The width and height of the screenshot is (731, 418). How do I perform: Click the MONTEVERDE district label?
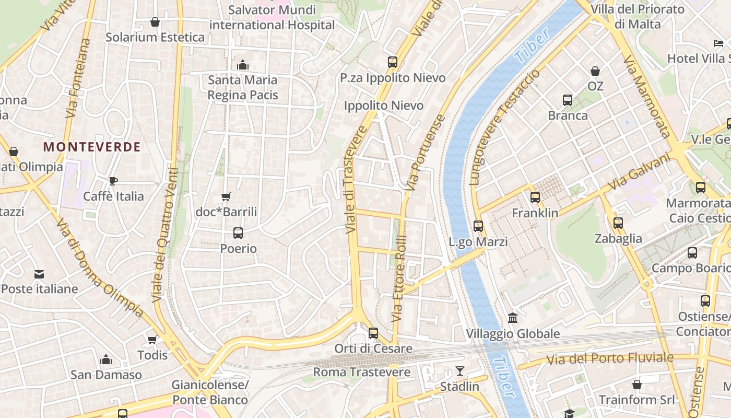[92, 147]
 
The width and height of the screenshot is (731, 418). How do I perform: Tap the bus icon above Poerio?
[238, 233]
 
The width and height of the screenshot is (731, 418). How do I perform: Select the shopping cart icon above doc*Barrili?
[226, 197]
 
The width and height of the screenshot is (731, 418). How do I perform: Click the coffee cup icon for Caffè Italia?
[113, 181]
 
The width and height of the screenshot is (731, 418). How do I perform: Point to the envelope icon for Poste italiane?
[39, 274]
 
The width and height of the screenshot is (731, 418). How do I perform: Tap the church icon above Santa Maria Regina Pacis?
[242, 65]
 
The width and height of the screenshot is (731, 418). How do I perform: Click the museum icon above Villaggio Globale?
[512, 318]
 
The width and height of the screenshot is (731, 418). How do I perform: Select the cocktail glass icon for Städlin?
[459, 371]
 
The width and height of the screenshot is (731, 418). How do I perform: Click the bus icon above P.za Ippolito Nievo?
[393, 62]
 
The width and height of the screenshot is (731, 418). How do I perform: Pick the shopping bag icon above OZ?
[595, 71]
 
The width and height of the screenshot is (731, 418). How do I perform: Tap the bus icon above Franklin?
[535, 198]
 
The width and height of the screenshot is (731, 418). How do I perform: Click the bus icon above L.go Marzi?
[478, 226]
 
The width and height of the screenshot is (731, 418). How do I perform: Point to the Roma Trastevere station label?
[361, 373]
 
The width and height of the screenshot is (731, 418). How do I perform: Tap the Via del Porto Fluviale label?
[610, 358]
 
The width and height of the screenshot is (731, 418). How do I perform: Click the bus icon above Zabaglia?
[618, 223]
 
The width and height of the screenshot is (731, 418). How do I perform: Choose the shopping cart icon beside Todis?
[152, 340]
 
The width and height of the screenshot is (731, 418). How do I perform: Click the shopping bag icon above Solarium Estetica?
[155, 22]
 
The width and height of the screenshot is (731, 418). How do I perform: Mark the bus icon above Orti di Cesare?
[373, 333]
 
